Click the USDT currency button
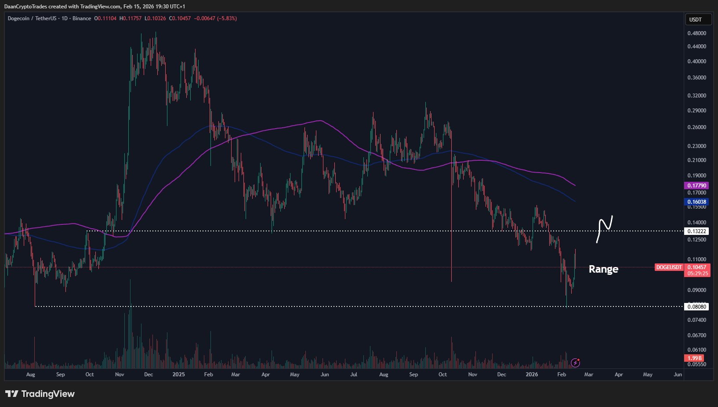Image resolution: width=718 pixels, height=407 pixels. (x=695, y=19)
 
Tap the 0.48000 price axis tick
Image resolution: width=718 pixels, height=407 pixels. (x=696, y=33)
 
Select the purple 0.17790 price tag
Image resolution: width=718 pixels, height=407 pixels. (x=696, y=186)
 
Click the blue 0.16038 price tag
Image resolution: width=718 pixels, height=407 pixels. (x=696, y=202)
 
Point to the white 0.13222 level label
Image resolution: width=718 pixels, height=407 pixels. (x=696, y=231)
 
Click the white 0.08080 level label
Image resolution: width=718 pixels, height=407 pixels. (x=696, y=306)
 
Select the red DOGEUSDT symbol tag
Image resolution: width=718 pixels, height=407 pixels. (x=669, y=267)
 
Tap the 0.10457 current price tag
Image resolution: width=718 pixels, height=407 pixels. (x=697, y=267)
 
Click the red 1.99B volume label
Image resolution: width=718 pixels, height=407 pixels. (x=694, y=358)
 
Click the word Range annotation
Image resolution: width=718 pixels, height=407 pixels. (x=603, y=269)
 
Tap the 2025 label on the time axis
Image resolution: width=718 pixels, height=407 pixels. (x=178, y=375)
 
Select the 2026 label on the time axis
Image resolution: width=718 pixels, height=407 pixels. (x=532, y=375)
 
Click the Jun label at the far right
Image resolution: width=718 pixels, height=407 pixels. (x=678, y=375)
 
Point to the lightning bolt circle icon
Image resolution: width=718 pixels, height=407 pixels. (x=575, y=363)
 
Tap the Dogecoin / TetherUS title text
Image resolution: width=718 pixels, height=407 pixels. (x=32, y=18)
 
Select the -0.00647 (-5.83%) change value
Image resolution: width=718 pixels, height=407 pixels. (x=215, y=18)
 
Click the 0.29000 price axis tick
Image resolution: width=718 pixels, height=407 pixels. (x=696, y=111)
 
